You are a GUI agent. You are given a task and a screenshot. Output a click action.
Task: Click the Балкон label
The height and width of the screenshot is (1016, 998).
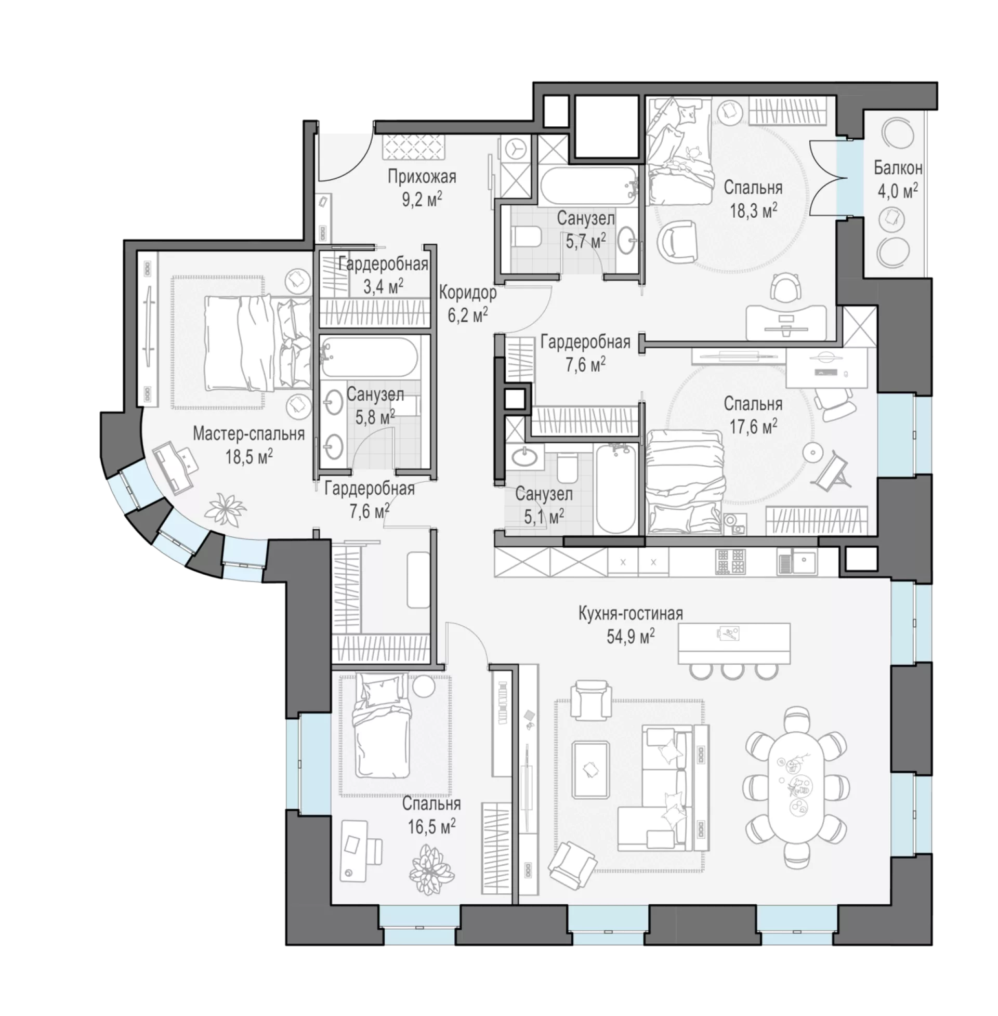pos(898,168)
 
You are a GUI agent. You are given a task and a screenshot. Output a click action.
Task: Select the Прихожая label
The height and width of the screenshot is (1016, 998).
pos(422,177)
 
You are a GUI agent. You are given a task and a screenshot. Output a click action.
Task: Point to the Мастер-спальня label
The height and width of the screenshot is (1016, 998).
pos(249,434)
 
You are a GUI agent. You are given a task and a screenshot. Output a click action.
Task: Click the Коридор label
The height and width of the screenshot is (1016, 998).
pos(467,293)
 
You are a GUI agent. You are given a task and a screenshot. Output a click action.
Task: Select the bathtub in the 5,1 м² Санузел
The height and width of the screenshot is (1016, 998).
pos(616,489)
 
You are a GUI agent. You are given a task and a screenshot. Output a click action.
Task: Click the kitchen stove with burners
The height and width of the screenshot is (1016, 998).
pos(731,561)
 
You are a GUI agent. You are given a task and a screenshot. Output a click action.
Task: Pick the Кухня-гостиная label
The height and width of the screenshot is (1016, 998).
pos(631,613)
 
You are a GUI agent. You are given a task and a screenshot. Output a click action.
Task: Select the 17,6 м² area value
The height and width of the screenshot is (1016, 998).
pos(753,426)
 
